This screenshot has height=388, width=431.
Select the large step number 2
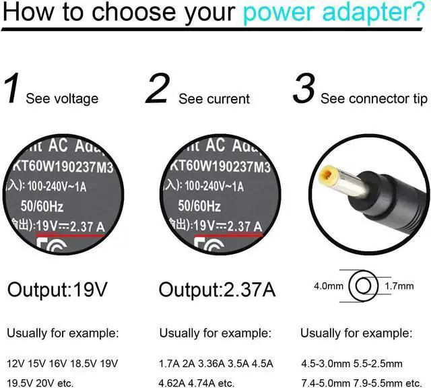(157, 90)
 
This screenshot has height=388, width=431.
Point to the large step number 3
(304, 90)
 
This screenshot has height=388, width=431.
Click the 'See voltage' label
(62, 99)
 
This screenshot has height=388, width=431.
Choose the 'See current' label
(214, 99)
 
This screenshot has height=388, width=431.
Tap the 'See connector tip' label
(374, 99)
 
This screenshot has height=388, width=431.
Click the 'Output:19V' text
(57, 290)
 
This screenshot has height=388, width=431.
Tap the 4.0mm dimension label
(328, 286)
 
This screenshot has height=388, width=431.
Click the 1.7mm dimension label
(400, 286)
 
